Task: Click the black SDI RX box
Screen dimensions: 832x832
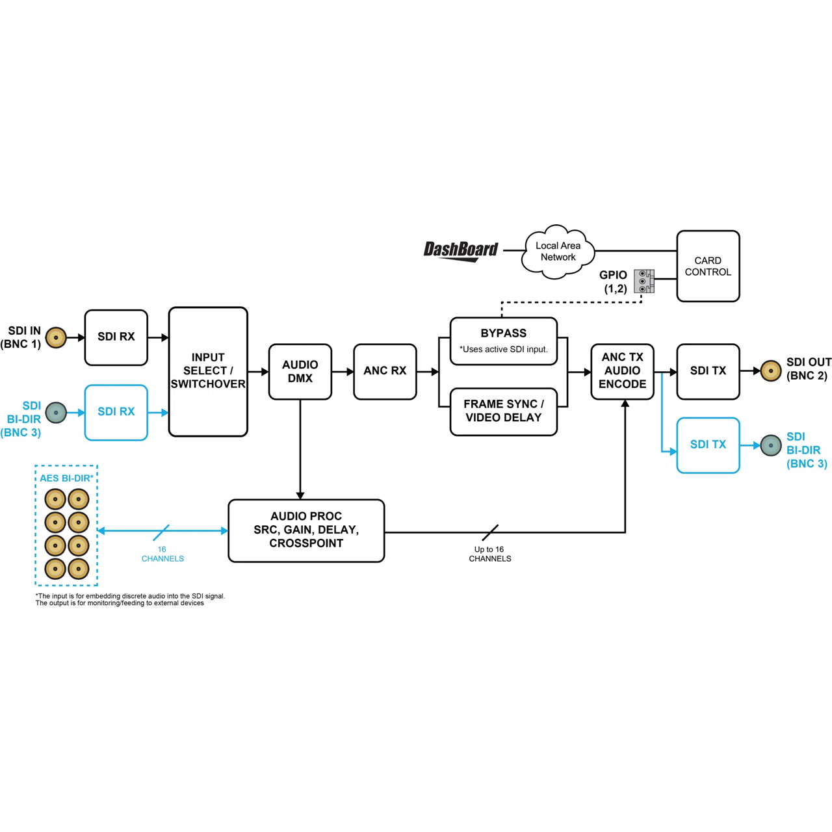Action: (x=116, y=337)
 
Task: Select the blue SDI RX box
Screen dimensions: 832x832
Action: (x=116, y=412)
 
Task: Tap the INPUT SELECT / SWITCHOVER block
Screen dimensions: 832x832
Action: (x=208, y=371)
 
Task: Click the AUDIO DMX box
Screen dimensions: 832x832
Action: (x=300, y=371)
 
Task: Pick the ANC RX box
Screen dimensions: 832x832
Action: (x=385, y=371)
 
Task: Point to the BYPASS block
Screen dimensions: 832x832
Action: (x=504, y=341)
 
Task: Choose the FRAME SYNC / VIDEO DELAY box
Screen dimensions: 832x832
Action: (x=504, y=411)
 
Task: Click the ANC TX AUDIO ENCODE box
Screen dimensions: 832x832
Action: (x=622, y=371)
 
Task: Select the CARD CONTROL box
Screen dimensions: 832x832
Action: (x=708, y=266)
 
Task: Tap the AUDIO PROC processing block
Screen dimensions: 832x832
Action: (x=306, y=530)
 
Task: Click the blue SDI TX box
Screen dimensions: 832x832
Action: (x=708, y=445)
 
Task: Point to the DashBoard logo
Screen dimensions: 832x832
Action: (x=461, y=251)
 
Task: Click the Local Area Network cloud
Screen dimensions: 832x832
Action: (x=558, y=252)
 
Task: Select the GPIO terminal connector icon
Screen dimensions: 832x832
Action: (x=643, y=281)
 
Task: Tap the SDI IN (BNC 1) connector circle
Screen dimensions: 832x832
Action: (x=56, y=337)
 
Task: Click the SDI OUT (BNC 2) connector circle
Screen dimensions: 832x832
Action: (x=771, y=370)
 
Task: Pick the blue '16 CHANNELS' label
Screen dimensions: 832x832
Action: (x=162, y=554)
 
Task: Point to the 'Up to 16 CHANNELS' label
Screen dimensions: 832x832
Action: (x=489, y=554)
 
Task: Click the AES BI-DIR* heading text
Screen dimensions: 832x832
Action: (x=66, y=478)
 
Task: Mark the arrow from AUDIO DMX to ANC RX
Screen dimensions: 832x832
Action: (x=343, y=371)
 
